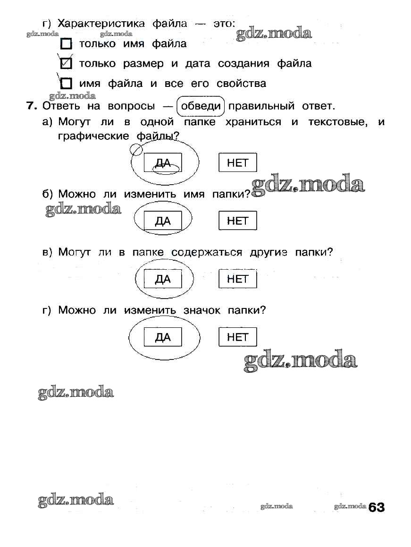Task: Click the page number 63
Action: [377, 507]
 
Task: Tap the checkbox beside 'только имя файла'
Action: [67, 44]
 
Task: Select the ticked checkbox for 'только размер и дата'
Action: [67, 63]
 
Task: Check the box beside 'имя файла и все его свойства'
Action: [67, 84]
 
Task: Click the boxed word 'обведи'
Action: [201, 106]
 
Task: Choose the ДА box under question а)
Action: [163, 163]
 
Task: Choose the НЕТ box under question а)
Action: [237, 163]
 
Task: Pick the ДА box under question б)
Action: [163, 221]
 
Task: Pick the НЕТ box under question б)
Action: [237, 221]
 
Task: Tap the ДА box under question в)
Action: [163, 279]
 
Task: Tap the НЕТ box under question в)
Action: [237, 279]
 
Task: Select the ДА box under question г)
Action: [163, 337]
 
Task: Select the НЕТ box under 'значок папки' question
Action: [237, 337]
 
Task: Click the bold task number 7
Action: [31, 106]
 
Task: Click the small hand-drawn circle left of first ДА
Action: [136, 150]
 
